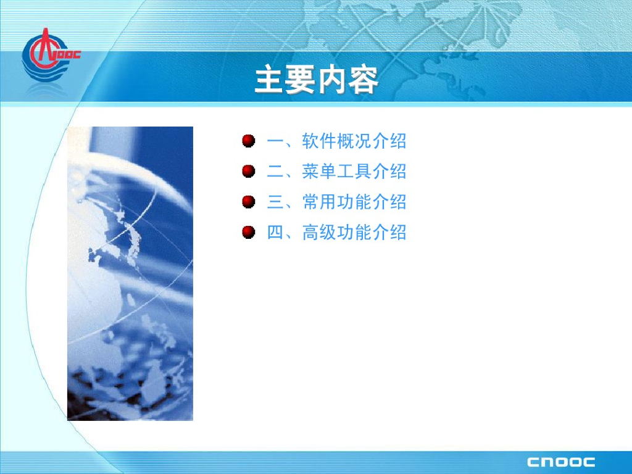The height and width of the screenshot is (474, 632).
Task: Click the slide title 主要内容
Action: (317, 80)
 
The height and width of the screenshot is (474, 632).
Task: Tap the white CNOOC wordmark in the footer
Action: (560, 462)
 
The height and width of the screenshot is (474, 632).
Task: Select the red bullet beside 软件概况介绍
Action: (249, 141)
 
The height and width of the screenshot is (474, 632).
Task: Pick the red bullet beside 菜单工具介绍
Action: (249, 172)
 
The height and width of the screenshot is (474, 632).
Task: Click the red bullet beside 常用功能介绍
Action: (249, 202)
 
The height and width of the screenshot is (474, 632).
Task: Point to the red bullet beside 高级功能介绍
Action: (249, 232)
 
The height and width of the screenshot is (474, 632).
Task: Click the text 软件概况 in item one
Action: (336, 141)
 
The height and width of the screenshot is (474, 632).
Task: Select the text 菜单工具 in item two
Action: (336, 172)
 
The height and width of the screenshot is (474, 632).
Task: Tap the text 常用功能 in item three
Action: (336, 202)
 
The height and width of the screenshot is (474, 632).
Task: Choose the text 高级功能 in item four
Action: (336, 232)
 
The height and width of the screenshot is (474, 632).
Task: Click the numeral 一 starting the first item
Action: (276, 141)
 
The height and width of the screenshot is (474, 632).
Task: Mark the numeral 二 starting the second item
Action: (276, 172)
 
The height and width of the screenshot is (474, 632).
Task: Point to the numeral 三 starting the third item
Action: (276, 202)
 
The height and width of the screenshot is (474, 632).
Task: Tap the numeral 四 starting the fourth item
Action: (276, 233)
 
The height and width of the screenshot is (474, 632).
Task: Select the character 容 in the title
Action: (364, 80)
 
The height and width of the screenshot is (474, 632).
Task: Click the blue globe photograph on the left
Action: (130, 273)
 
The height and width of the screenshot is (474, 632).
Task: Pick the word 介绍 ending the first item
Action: (389, 141)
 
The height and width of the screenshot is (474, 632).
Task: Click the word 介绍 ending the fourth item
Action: (389, 232)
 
